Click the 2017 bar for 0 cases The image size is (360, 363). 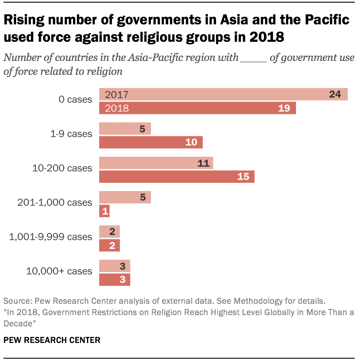(x=223, y=94)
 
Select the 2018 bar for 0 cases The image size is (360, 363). (x=197, y=108)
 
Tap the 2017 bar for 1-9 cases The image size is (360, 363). (x=125, y=128)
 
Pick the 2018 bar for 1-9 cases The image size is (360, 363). (x=151, y=142)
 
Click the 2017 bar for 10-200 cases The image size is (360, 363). (x=156, y=163)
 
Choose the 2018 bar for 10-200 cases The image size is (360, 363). (x=177, y=176)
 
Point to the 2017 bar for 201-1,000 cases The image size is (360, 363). (x=125, y=197)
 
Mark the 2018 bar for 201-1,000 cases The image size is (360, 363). (x=104, y=211)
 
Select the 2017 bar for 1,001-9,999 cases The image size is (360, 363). (x=110, y=232)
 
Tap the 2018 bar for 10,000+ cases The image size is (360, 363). (x=115, y=279)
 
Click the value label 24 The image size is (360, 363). (x=335, y=94)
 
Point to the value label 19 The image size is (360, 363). (x=284, y=108)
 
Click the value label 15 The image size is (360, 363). (x=243, y=176)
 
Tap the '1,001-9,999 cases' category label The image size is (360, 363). (x=51, y=237)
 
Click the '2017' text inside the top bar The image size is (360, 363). (x=117, y=94)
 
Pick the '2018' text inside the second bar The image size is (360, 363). (x=117, y=108)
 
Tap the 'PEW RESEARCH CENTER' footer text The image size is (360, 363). (x=52, y=339)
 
